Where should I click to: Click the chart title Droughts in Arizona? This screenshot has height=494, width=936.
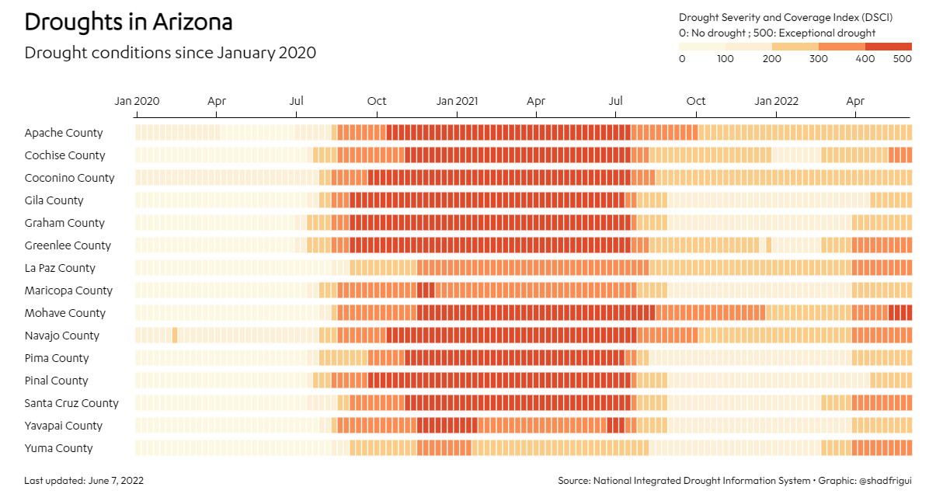point(128,22)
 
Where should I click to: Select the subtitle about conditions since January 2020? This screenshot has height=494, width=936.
point(170,53)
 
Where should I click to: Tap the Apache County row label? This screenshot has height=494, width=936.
point(64,133)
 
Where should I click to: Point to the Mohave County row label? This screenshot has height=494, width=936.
point(65,313)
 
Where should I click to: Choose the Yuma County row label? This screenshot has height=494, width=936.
point(58,448)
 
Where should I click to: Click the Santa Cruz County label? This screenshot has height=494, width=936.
point(71,403)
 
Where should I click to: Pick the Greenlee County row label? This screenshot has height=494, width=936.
point(68,245)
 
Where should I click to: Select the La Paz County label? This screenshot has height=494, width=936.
point(60,268)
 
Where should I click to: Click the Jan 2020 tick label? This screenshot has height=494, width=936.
point(137,101)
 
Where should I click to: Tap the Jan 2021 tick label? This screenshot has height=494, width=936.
point(457,101)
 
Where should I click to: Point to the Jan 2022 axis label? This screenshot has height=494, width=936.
point(776,101)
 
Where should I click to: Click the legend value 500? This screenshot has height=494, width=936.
point(902,59)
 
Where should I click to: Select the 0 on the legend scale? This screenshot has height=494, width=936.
point(682,59)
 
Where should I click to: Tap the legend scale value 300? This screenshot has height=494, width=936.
point(819,59)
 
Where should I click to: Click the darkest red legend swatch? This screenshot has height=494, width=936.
point(888,47)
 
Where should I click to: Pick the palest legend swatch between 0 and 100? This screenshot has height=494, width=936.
point(702,47)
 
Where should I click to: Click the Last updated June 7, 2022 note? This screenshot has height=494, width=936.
point(84,481)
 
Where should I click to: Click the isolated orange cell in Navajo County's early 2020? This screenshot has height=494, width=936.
point(175,336)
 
